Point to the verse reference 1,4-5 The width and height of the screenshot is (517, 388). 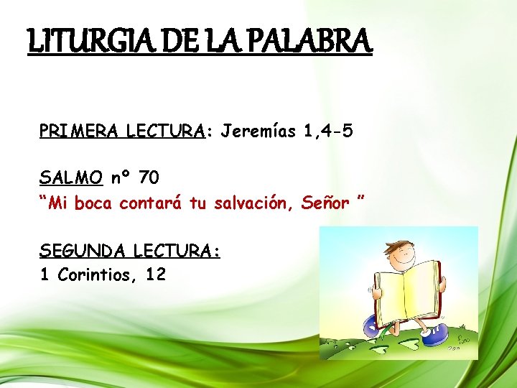click(327, 131)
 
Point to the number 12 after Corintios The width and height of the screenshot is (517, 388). click(154, 274)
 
